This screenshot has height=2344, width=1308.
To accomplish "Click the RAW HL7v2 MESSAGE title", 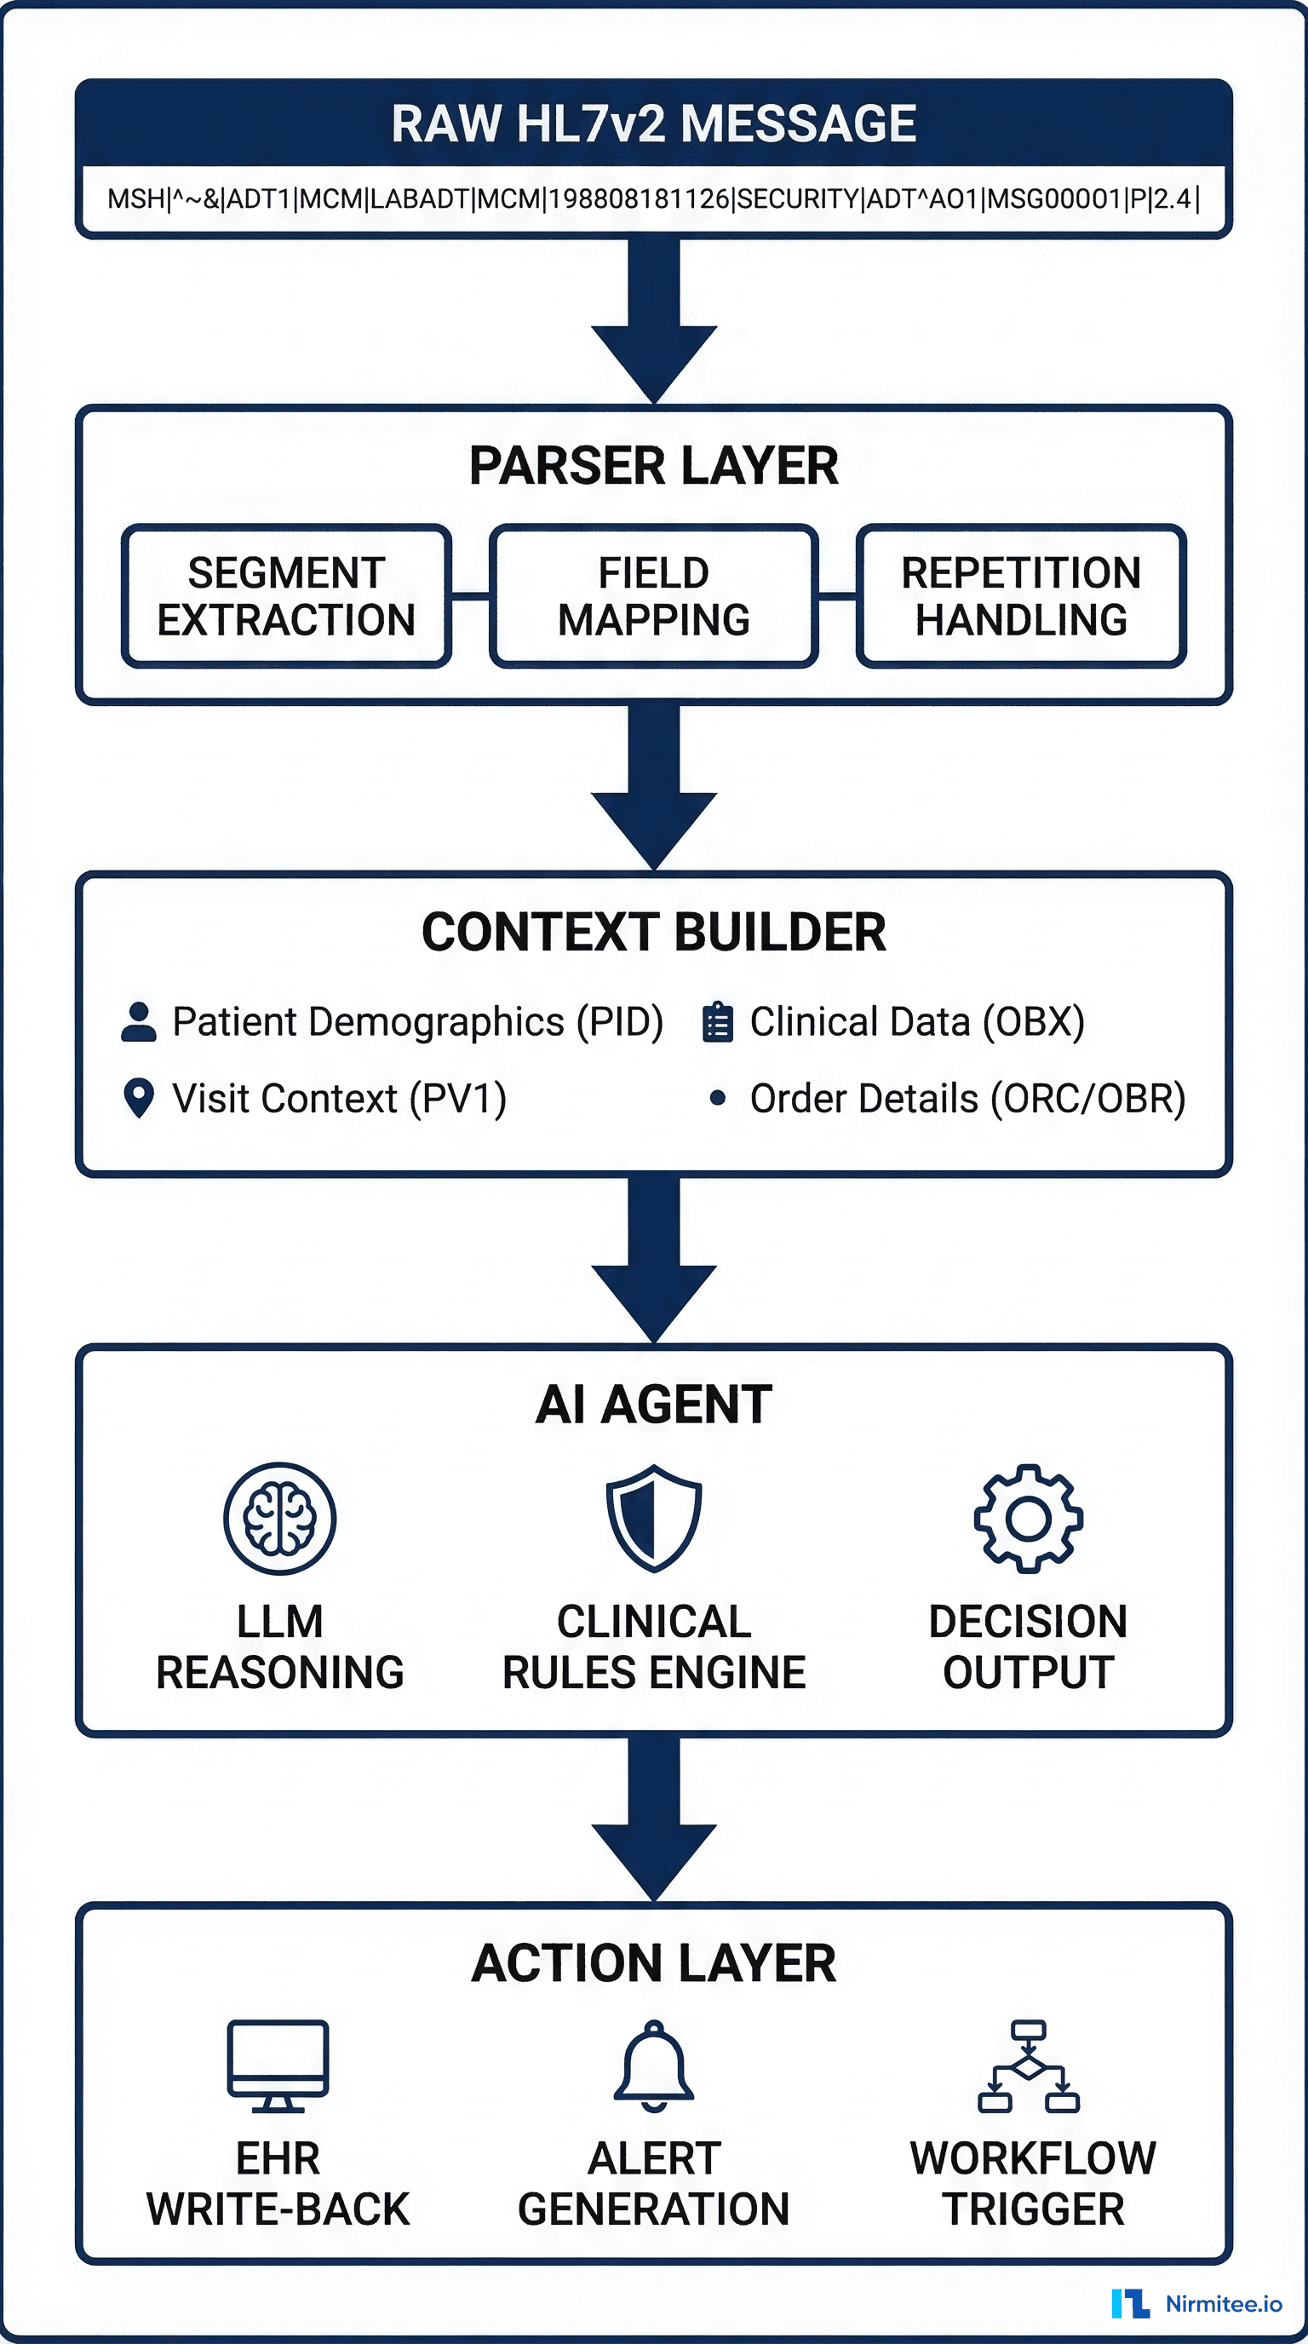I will tap(653, 124).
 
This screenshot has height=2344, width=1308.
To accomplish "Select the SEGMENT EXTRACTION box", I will tap(286, 596).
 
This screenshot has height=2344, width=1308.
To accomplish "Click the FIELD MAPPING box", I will tap(653, 596).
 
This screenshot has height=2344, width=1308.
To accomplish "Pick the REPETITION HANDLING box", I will tap(1020, 596).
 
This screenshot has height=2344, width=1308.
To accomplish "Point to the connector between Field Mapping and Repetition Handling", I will tap(837, 597).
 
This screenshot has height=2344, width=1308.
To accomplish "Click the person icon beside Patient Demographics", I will tap(138, 1022).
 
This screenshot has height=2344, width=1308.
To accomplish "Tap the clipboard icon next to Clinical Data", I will tap(718, 1022).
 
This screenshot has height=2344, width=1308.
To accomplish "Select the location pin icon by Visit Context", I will tap(138, 1098).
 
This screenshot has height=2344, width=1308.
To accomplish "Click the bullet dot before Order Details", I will tap(718, 1098).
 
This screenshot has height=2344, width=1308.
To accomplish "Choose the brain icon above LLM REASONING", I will tap(280, 1519).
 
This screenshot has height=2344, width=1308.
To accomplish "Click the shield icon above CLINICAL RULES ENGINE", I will tap(654, 1519).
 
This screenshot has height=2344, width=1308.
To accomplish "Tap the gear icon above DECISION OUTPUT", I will tap(1028, 1519).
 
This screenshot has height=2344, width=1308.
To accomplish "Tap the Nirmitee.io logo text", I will tap(1224, 2304).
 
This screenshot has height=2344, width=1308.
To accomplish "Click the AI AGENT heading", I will tap(653, 1405).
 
